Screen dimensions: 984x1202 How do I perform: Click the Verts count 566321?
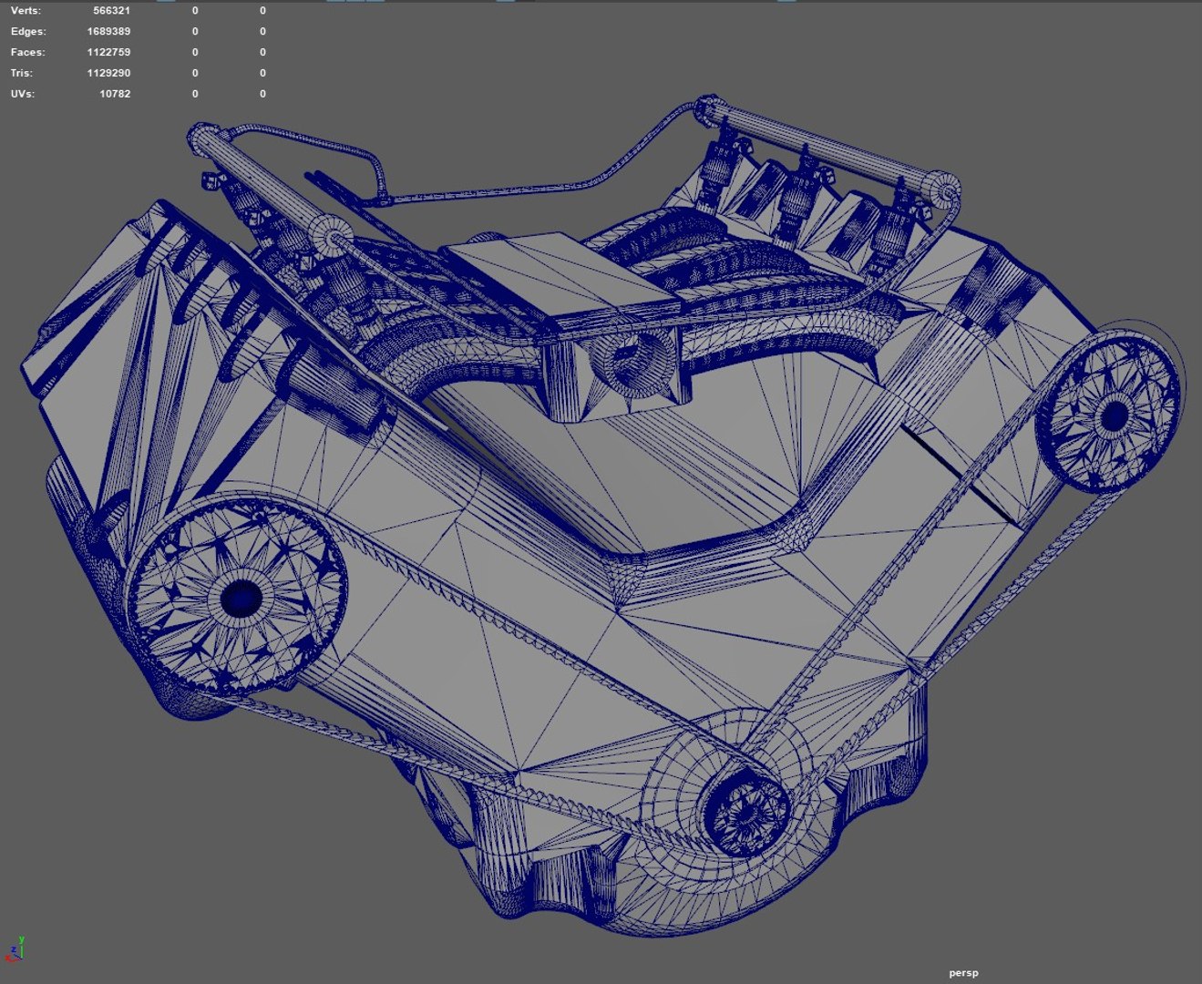click(x=111, y=11)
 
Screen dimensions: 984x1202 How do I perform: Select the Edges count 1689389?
click(x=108, y=32)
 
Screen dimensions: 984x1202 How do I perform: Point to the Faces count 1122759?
click(x=108, y=53)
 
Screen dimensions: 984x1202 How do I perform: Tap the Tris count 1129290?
click(x=108, y=74)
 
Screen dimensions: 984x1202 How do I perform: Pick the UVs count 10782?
click(x=114, y=94)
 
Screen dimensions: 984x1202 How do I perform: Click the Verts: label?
click(x=26, y=11)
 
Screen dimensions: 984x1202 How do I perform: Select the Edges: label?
click(x=27, y=32)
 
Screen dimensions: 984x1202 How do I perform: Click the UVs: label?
click(x=23, y=94)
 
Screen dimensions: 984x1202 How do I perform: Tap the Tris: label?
click(x=22, y=74)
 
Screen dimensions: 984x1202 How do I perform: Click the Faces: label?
click(x=27, y=53)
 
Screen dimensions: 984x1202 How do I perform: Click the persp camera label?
click(x=963, y=973)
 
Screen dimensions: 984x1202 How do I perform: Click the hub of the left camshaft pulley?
click(x=241, y=598)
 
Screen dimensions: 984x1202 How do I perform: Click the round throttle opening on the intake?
click(x=634, y=362)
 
